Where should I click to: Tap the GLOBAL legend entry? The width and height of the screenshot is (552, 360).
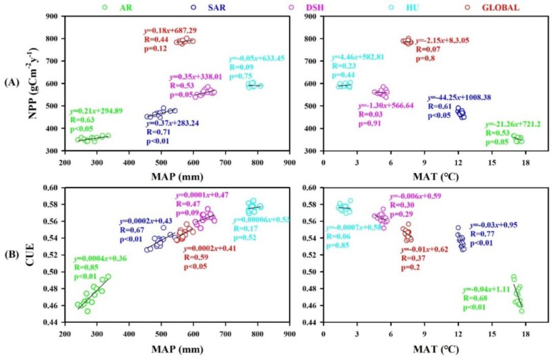(462, 7)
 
